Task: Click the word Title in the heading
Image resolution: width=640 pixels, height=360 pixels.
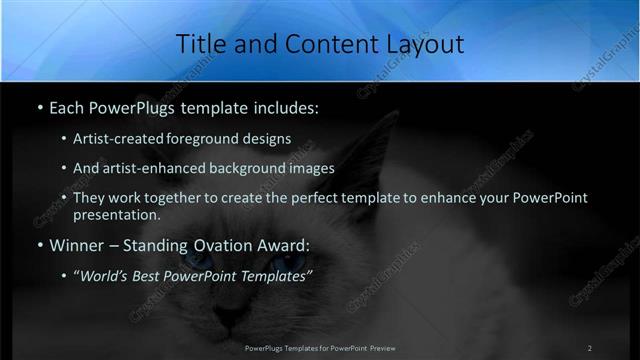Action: click(x=199, y=44)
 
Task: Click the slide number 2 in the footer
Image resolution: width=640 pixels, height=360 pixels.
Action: click(x=590, y=348)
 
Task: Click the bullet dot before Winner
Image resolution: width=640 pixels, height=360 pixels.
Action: click(x=39, y=245)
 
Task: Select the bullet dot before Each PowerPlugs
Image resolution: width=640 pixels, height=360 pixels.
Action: click(x=39, y=106)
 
